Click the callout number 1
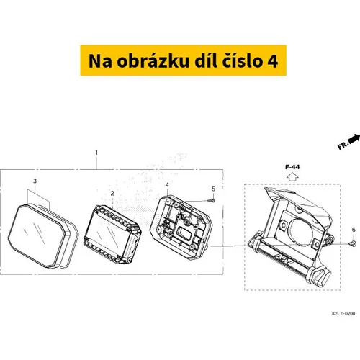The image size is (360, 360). tap(96, 153)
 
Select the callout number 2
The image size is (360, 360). tap(112, 194)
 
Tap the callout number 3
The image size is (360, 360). tap(35, 181)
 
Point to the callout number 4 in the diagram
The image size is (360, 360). tap(167, 185)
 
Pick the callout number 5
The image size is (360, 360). tap(213, 189)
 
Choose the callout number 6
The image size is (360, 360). tap(354, 230)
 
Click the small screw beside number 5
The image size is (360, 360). tap(212, 200)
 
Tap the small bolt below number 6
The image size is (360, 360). tap(353, 243)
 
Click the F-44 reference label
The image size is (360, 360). tap(292, 167)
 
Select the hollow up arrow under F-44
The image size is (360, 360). tap(292, 177)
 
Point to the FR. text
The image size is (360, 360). tap(343, 145)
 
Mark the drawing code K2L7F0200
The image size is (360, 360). tap(343, 313)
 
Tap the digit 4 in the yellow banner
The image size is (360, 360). tap(273, 61)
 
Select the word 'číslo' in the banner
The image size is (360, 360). tap(241, 60)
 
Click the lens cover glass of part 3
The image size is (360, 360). tap(37, 235)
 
